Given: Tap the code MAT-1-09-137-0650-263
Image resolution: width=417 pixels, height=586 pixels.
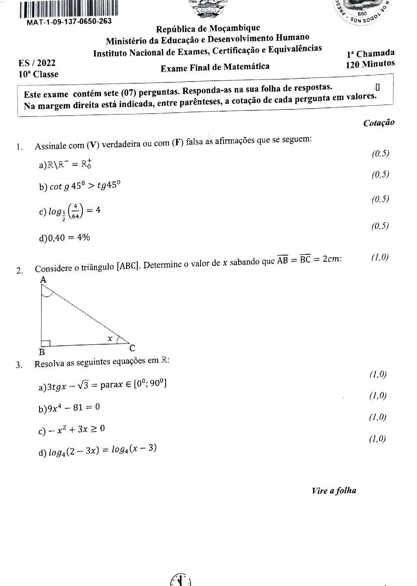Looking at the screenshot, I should coord(69,22).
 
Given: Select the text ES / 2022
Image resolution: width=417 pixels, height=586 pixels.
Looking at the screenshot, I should coord(37,63).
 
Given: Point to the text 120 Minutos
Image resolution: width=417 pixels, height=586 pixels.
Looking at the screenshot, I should coord(370,64).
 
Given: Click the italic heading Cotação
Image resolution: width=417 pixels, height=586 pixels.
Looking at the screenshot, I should coord(379,123).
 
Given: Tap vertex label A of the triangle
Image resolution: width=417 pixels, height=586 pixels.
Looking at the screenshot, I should coord(43,281).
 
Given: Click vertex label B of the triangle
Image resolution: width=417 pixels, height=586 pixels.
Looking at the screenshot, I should coord(42,352).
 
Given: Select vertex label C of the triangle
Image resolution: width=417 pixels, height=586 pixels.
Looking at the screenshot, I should coord(132,348).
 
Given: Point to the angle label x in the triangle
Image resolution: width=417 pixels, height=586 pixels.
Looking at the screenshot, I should coord(110,339).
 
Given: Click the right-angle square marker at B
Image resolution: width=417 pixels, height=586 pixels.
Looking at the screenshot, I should coord(46,343).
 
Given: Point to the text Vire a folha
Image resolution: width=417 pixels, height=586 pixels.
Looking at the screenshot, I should coord(334,491).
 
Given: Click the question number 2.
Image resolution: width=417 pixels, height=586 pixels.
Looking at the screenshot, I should coord(19,271).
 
